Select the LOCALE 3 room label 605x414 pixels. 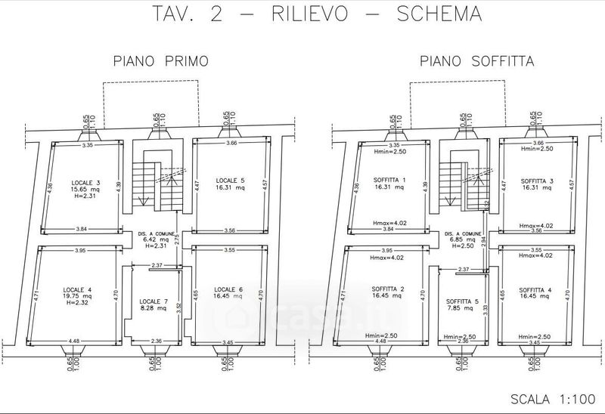[85, 183]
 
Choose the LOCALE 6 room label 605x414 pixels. [228, 289]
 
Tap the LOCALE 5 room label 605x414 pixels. [230, 180]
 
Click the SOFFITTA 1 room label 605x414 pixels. [389, 180]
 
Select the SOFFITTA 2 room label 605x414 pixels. [389, 289]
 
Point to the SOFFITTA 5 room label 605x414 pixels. [461, 301]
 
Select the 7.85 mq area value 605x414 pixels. [461, 308]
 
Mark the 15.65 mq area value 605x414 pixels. [85, 190]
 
